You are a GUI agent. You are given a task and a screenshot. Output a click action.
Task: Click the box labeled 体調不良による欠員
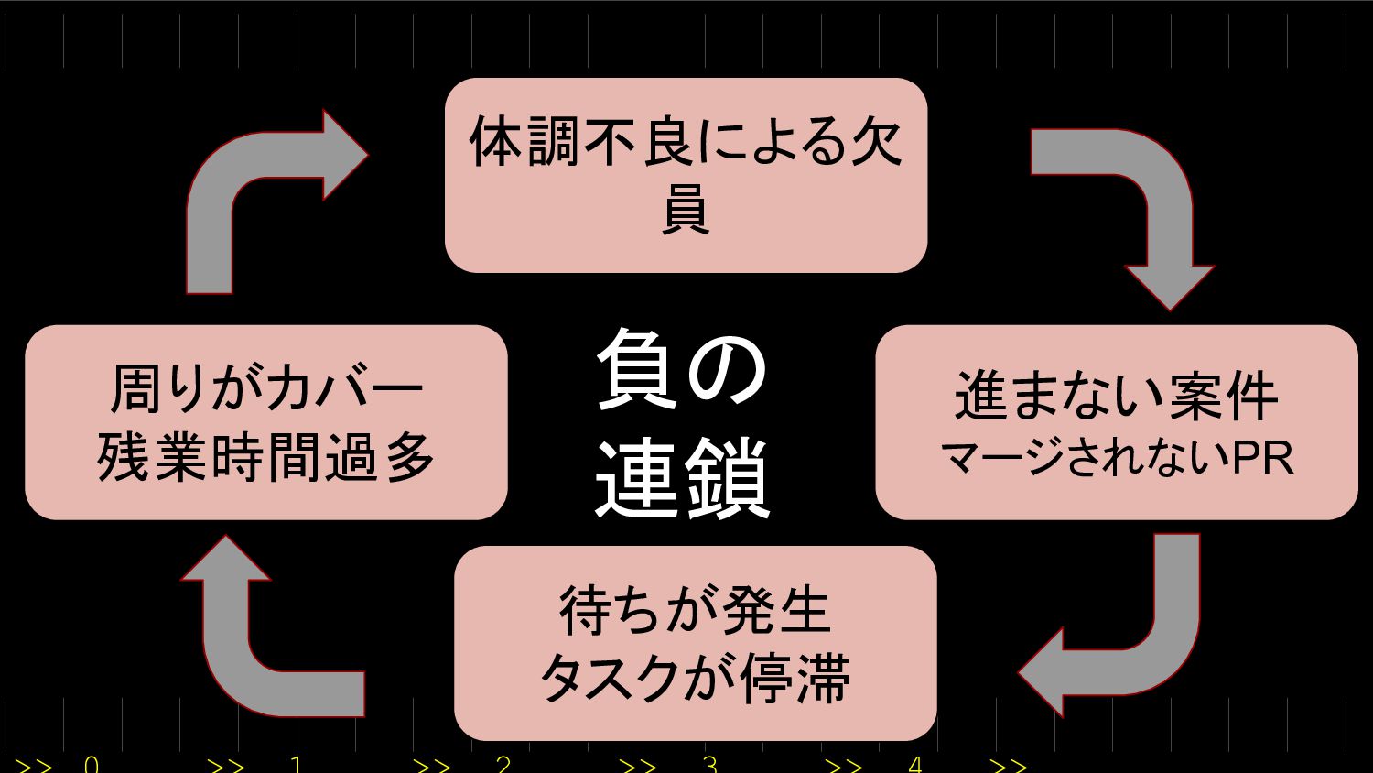click(x=686, y=175)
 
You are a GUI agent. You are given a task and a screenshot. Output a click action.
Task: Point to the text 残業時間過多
click(x=265, y=457)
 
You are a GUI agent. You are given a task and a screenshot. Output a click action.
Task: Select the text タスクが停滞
click(x=695, y=679)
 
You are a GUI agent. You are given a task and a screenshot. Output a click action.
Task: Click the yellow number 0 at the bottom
click(x=91, y=764)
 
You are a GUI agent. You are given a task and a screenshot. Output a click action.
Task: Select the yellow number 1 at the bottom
click(x=296, y=764)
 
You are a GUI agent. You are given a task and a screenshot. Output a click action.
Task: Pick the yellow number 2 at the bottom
click(x=503, y=764)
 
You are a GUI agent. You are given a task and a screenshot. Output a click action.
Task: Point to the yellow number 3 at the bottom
click(x=709, y=764)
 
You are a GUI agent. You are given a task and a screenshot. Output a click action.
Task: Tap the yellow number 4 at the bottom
click(x=915, y=764)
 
